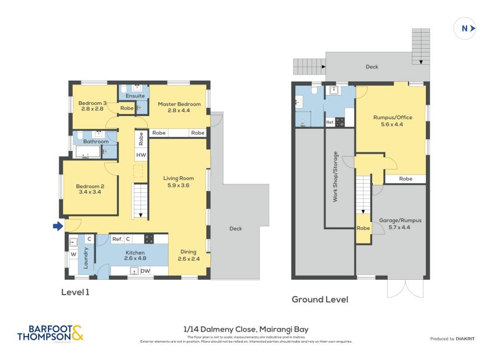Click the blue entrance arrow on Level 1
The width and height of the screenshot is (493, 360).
pyautogui.click(x=58, y=226)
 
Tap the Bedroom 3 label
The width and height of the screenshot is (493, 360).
pyautogui.click(x=94, y=103)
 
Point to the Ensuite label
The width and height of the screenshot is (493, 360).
pyautogui.click(x=135, y=96)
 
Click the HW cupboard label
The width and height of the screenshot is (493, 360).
pyautogui.click(x=141, y=155)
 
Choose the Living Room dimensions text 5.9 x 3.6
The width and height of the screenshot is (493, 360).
pyautogui.click(x=179, y=185)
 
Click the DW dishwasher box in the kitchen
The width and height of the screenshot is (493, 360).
pyautogui.click(x=145, y=271)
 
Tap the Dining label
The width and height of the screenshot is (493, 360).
pyautogui.click(x=189, y=252)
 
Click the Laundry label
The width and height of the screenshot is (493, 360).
pyautogui.click(x=87, y=260)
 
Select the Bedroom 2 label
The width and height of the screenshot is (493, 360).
pyautogui.click(x=90, y=186)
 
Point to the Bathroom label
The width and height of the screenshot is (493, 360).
pyautogui.click(x=96, y=141)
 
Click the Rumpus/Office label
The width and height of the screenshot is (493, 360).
pyautogui.click(x=393, y=117)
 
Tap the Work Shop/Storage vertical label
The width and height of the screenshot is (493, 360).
pyautogui.click(x=336, y=177)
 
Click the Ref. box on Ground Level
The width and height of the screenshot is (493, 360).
pyautogui.click(x=330, y=122)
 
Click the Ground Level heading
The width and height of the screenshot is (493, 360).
pyautogui.click(x=319, y=300)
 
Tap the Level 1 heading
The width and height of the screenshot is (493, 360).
pyautogui.click(x=75, y=292)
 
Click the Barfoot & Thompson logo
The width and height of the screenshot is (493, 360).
pyautogui.click(x=49, y=333)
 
